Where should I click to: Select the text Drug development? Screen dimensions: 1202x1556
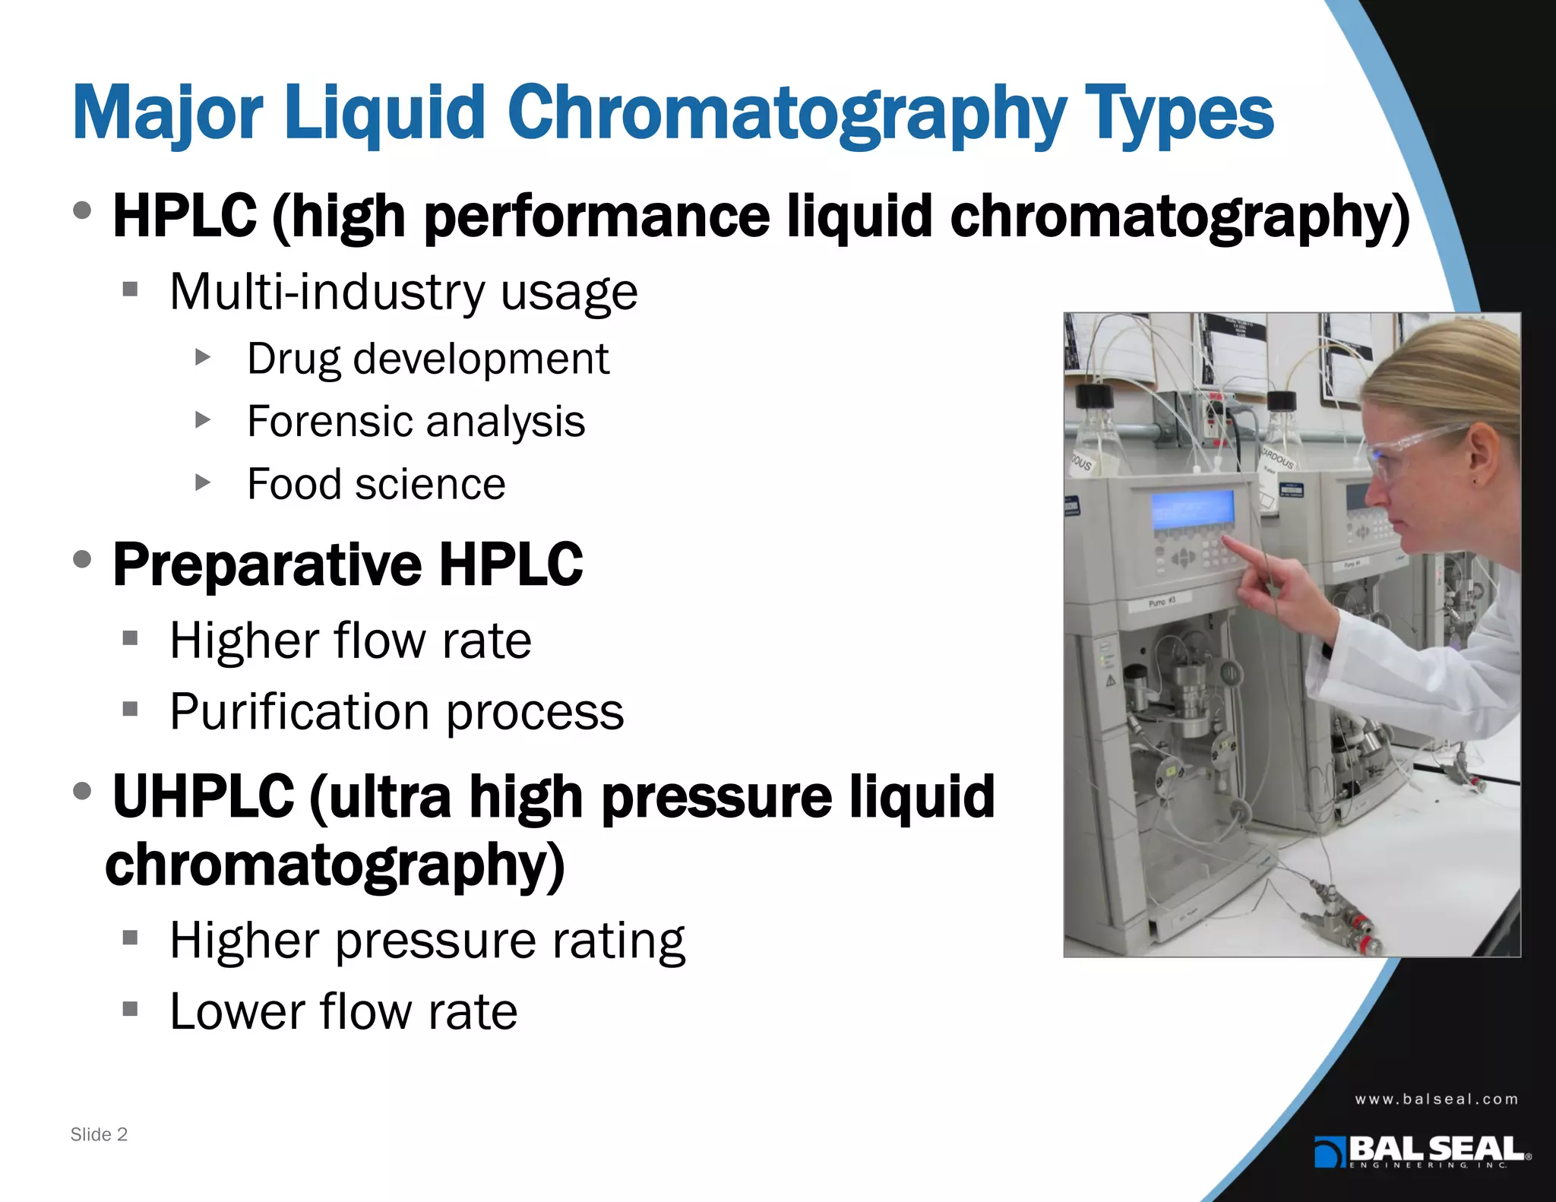coord(428,359)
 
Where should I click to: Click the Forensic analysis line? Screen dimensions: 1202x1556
coord(416,422)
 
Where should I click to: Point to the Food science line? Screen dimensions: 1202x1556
coord(376,485)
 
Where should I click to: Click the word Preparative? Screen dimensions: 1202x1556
coord(267,565)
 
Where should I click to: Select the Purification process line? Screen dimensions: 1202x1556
coord(397,713)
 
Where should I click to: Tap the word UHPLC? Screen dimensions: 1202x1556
coord(203,796)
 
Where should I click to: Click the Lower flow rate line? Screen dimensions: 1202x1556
coord(343,1012)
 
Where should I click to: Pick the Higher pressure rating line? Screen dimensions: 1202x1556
coord(427,941)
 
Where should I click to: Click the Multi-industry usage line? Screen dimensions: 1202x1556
coord(403,292)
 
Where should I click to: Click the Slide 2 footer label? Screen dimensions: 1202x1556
coord(99,1134)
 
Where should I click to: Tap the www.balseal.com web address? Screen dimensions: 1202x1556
coord(1436,1099)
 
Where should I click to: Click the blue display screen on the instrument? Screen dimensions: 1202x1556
coord(1192,506)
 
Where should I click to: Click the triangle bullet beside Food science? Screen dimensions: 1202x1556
coord(202,482)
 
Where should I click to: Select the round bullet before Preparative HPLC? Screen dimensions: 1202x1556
coord(83,560)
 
